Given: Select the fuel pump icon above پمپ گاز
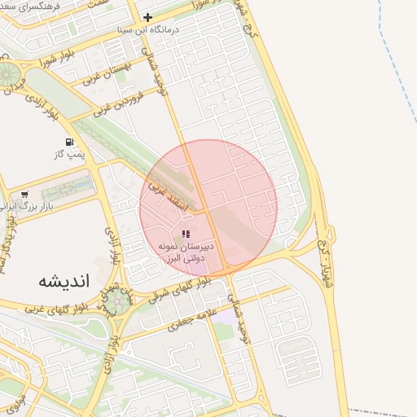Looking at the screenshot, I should pos(81,141).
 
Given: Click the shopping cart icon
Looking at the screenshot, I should pos(25,195).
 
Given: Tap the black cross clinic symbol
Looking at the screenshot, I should pos(147,16).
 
